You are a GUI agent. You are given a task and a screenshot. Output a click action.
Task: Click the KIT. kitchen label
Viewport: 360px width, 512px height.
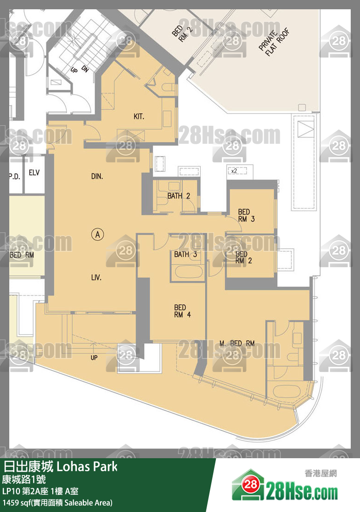point(139,116)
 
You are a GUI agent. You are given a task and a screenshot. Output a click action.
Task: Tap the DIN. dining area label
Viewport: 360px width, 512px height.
point(97,176)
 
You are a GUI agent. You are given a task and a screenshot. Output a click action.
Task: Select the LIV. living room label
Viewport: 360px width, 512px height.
point(96,277)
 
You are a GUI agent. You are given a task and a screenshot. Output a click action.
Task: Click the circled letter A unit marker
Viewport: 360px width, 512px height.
point(97,234)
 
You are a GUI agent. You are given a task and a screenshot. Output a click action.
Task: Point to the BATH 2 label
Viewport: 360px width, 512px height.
point(179,196)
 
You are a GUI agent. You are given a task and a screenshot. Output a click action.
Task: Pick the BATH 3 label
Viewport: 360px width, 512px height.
point(185,254)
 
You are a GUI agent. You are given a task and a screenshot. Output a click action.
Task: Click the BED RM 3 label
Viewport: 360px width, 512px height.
point(246,216)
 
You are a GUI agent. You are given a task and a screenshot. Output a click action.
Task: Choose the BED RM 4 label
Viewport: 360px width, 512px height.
point(182,311)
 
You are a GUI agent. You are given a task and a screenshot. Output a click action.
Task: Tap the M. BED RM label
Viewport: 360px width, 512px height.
point(237,343)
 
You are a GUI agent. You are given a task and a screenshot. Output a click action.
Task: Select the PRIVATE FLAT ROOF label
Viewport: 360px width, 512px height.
point(274,42)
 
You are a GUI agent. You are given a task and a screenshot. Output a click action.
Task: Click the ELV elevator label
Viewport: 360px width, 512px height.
point(34,173)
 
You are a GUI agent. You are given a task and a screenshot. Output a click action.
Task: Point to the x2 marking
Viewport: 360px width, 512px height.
point(234,171)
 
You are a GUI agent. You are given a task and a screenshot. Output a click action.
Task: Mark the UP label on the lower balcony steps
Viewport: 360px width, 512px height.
point(94,358)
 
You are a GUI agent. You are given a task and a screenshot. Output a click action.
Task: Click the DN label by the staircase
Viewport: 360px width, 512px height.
point(85,69)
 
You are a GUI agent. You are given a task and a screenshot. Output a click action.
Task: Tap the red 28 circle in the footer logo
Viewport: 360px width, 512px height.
point(251,484)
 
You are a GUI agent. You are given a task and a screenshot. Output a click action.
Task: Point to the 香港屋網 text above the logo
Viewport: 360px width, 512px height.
point(321,473)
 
